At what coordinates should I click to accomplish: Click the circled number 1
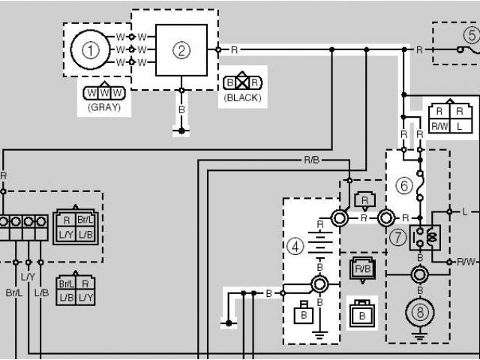pyautogui.click(x=90, y=50)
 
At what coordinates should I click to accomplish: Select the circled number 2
pyautogui.click(x=181, y=50)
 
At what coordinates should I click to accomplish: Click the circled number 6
pyautogui.click(x=404, y=185)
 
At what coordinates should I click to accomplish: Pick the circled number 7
pyautogui.click(x=397, y=236)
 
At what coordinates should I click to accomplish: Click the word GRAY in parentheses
pyautogui.click(x=104, y=106)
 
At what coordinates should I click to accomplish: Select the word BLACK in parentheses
pyautogui.click(x=242, y=97)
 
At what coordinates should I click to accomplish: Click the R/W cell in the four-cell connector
pyautogui.click(x=439, y=127)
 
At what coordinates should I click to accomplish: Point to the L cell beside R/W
pyautogui.click(x=460, y=127)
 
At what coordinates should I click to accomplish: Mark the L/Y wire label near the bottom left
pyautogui.click(x=28, y=277)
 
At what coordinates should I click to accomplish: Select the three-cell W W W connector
pyautogui.click(x=104, y=92)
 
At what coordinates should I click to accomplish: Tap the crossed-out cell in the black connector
pyautogui.click(x=242, y=82)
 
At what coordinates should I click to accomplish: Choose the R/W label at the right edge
pyautogui.click(x=466, y=262)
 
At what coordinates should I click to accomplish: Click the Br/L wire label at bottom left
pyautogui.click(x=14, y=292)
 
